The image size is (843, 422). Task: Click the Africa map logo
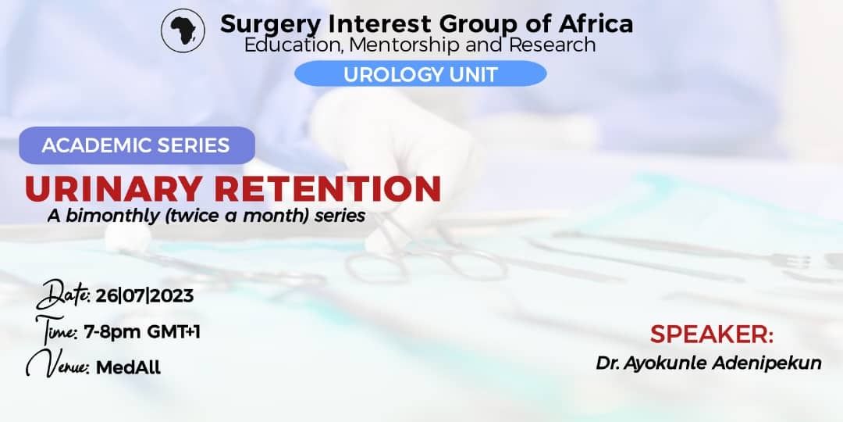pyautogui.click(x=183, y=30)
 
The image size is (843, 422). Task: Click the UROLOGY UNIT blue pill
pyautogui.click(x=421, y=73)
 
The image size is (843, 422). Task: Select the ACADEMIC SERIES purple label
pyautogui.click(x=137, y=145)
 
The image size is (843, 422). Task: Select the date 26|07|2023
pyautogui.click(x=144, y=295)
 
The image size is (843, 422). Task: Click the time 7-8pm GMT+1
pyautogui.click(x=142, y=332)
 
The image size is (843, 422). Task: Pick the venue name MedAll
pyautogui.click(x=128, y=367)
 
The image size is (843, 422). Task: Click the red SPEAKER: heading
pyautogui.click(x=711, y=334)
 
